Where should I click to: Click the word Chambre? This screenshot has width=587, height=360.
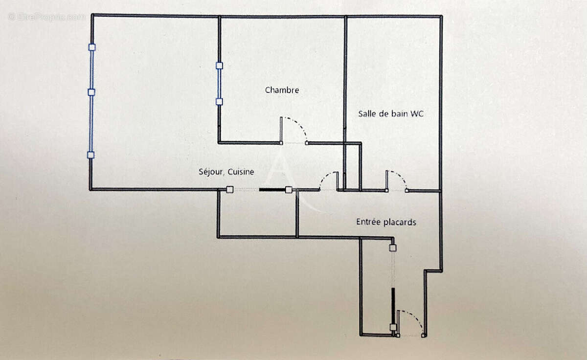click(x=282, y=90)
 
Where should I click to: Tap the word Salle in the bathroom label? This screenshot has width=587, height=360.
click(x=367, y=114)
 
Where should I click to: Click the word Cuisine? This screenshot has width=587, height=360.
click(x=242, y=172)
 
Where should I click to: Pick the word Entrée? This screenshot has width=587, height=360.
click(x=367, y=222)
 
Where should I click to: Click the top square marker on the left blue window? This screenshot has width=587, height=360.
click(x=92, y=47)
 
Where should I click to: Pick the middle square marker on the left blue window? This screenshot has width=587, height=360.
click(x=91, y=92)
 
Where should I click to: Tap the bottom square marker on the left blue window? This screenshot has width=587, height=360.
click(x=91, y=155)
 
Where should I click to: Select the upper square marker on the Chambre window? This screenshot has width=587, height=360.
click(x=219, y=65)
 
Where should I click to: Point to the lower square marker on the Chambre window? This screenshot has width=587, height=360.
click(x=219, y=102)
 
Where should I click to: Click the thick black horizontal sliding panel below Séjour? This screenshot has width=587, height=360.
click(x=272, y=189)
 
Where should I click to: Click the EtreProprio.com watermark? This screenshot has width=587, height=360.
click(x=46, y=17)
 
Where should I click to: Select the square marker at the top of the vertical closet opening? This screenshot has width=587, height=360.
click(x=393, y=248)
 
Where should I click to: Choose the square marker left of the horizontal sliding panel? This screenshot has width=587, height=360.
click(x=229, y=190)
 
